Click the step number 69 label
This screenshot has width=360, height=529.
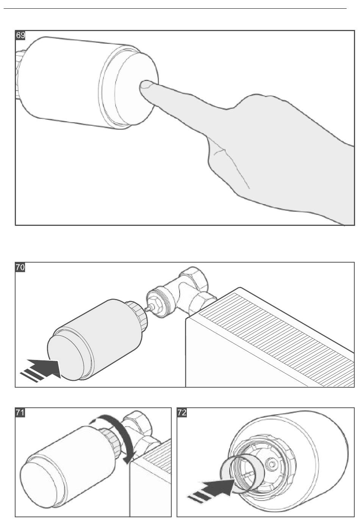coord(20,35)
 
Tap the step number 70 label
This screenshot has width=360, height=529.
coord(20,267)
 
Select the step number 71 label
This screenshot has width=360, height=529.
coord(20,413)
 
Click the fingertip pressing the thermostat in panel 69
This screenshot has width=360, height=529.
coord(144,86)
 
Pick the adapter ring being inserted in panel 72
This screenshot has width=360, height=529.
coord(241,474)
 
